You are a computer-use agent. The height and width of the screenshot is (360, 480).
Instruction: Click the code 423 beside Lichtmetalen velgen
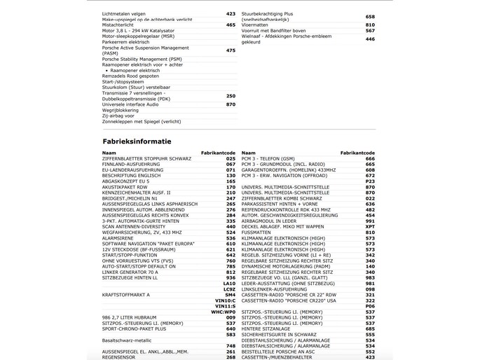tap(231, 13)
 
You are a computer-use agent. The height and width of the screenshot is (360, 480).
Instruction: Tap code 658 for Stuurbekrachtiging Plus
tap(370, 17)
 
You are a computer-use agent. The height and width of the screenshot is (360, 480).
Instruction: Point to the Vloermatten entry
tap(255, 25)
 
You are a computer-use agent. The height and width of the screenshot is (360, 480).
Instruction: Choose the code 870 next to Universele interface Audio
tap(231, 104)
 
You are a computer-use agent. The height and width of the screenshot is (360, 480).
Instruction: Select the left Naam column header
tap(109, 153)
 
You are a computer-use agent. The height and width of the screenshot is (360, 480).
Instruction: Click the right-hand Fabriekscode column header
tap(357, 153)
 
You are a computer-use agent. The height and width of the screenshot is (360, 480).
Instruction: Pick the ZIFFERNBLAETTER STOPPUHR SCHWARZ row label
tap(146, 159)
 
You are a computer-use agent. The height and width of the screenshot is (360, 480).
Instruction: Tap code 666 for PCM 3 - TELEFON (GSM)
tap(370, 159)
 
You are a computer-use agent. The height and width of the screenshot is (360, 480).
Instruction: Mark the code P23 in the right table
tap(370, 181)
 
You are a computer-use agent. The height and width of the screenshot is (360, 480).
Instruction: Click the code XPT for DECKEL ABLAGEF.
tap(370, 227)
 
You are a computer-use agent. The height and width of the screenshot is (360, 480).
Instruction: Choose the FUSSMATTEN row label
tap(256, 233)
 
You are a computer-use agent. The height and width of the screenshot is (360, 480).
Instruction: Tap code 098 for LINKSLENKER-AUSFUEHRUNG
tap(370, 289)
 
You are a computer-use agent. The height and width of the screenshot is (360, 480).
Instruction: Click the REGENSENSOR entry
tap(118, 357)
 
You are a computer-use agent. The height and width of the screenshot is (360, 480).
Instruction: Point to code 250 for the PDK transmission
tap(231, 96)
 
